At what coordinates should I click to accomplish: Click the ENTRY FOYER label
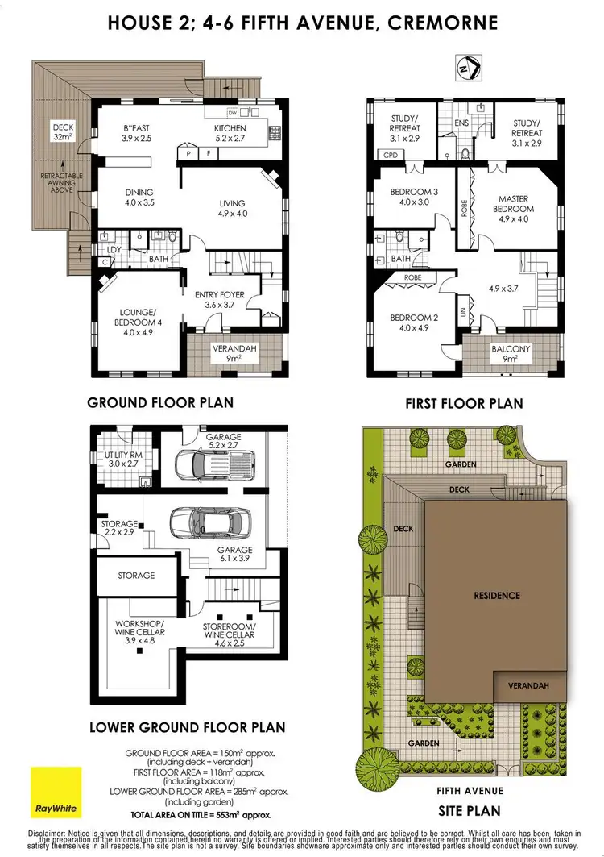[220, 300]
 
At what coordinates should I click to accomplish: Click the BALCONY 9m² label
[511, 354]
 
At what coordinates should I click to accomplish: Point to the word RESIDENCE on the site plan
[497, 596]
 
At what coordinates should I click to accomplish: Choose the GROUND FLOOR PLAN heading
[160, 402]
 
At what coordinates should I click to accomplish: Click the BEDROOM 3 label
[413, 197]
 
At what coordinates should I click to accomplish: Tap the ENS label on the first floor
[461, 123]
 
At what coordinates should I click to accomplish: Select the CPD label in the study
[391, 155]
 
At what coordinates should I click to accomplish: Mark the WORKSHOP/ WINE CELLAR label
[139, 630]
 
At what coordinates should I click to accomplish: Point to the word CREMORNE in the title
[441, 22]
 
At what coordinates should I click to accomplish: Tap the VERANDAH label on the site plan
[529, 685]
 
